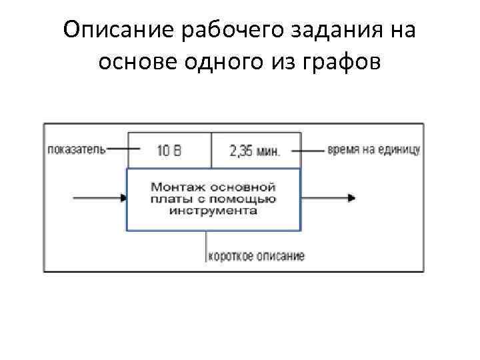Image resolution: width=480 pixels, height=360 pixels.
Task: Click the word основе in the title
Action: (137, 62)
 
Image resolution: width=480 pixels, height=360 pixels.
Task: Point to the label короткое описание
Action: (257, 255)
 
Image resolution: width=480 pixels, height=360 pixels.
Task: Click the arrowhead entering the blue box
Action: (123, 198)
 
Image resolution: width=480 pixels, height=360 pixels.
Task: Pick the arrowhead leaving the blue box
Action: (351, 198)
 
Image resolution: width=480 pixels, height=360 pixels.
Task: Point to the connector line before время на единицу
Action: (308, 151)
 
